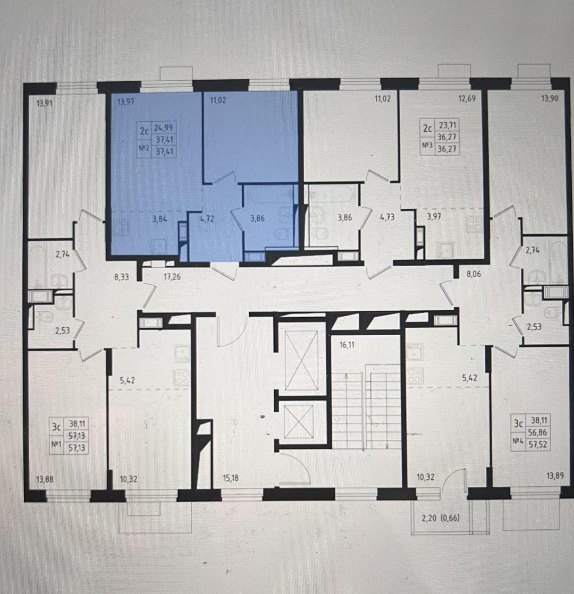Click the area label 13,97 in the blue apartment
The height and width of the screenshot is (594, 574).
click(x=125, y=101)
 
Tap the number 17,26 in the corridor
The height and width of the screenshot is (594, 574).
click(x=172, y=277)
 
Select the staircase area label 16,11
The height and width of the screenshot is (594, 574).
click(x=348, y=345)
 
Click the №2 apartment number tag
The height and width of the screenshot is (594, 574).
click(x=144, y=149)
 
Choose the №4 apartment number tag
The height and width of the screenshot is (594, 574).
click(x=518, y=441)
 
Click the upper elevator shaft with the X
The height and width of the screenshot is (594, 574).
click(x=301, y=360)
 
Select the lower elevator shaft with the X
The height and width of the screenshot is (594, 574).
click(x=299, y=421)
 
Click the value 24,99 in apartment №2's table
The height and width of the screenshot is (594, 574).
click(x=163, y=128)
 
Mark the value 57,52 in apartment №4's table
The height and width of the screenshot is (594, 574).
click(x=538, y=444)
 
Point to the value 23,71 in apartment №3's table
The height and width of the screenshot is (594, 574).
click(x=448, y=125)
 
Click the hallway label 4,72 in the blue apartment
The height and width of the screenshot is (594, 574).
click(x=207, y=218)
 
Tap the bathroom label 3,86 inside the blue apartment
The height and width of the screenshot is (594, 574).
click(x=257, y=218)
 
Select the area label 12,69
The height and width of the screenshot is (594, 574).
click(x=467, y=99)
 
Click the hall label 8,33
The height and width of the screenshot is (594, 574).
click(x=122, y=277)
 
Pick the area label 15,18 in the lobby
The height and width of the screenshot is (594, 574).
click(x=231, y=478)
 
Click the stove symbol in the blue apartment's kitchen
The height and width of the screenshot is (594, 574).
click(x=121, y=228)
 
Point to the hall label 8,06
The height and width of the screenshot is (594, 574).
click(x=474, y=274)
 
